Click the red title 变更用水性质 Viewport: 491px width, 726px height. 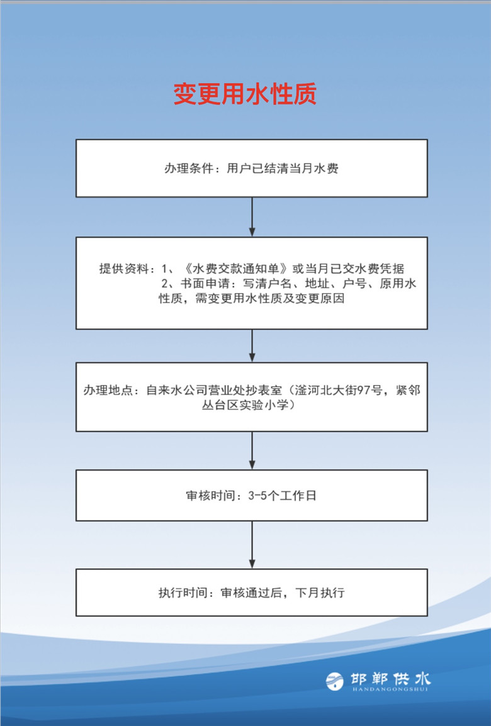click(245, 94)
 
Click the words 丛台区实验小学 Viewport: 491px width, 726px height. click(245, 405)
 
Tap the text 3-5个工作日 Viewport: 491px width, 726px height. click(282, 496)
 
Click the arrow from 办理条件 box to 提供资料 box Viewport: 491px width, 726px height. click(252, 216)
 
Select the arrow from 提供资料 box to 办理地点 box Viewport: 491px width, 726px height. click(252, 345)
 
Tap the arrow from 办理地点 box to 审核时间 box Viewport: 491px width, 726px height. click(252, 450)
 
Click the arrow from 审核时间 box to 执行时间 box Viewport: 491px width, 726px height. click(252, 545)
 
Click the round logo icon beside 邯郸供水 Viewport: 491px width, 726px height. click(334, 681)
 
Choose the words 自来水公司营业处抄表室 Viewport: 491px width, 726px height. click(214, 390)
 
